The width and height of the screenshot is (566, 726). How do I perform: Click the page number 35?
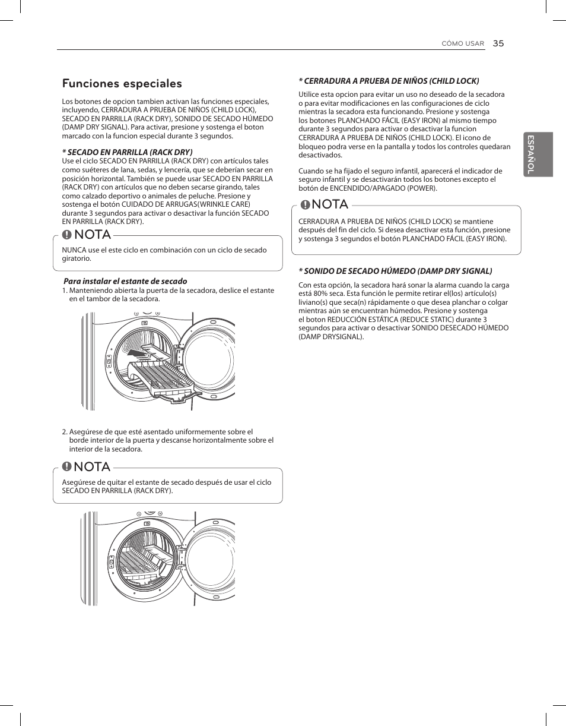(498, 43)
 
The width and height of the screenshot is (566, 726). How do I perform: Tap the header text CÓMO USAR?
(463, 44)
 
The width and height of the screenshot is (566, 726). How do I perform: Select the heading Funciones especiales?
(122, 84)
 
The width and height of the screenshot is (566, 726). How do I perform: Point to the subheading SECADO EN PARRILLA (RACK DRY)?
(128, 152)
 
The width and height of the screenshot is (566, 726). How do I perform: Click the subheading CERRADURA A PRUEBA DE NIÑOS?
(389, 81)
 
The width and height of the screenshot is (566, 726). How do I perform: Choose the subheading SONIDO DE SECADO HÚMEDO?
(395, 271)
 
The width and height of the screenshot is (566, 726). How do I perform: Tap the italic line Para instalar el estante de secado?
(125, 281)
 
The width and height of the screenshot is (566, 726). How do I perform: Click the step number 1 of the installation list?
(64, 291)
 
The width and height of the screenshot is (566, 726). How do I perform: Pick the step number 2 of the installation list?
(64, 432)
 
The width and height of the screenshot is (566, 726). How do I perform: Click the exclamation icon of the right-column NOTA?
(305, 205)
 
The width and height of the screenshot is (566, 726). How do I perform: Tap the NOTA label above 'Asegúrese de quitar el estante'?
(92, 467)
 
